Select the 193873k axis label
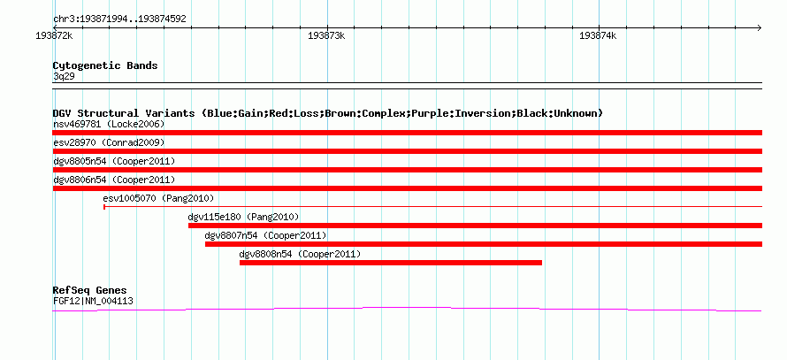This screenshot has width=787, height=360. click(327, 36)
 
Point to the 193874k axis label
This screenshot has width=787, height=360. click(598, 36)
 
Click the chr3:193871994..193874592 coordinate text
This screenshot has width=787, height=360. click(119, 19)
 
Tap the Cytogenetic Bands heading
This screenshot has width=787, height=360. click(105, 65)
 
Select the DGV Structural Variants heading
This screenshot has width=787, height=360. click(328, 113)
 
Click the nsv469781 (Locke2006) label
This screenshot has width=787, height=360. click(109, 124)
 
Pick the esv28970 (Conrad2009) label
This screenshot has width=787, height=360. click(109, 142)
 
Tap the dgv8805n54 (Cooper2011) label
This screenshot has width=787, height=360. click(114, 161)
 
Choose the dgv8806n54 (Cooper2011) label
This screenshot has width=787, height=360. click(114, 180)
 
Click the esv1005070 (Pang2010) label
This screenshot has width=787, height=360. click(158, 198)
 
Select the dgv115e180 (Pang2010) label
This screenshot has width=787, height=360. click(243, 217)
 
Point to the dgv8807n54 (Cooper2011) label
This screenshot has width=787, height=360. click(265, 235)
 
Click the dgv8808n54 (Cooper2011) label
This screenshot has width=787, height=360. click(300, 254)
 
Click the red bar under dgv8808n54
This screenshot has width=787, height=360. click(391, 263)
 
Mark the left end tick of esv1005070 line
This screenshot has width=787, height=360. click(103, 206)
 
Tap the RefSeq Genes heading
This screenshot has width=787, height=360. click(90, 291)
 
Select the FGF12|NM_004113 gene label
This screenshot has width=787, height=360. click(93, 302)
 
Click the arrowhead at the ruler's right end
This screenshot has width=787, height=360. click(760, 27)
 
